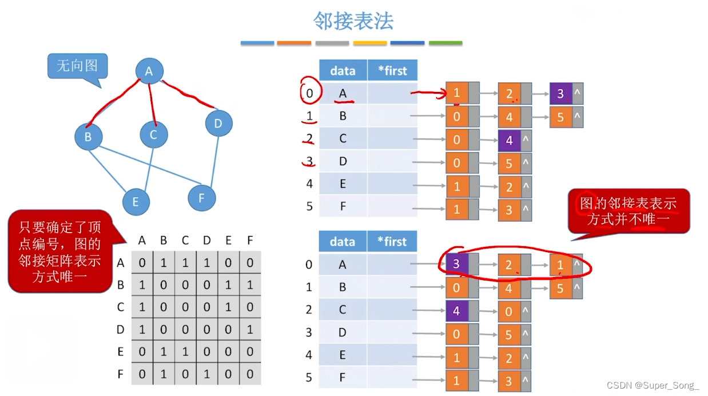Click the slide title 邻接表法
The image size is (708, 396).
(353, 22)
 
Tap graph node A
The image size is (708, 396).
(149, 71)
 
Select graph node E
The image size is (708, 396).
(136, 201)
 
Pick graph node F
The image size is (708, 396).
(201, 198)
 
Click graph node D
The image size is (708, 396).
(218, 123)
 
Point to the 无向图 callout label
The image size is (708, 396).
(77, 66)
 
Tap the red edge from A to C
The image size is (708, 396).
(152, 103)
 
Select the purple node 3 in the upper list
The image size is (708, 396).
(560, 94)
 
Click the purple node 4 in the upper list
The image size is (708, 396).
(509, 140)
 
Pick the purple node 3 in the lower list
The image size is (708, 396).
(456, 265)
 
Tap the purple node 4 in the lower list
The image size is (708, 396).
(456, 311)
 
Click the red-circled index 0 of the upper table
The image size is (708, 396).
(309, 93)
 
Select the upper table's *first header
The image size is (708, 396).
(392, 71)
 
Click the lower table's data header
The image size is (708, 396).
(343, 242)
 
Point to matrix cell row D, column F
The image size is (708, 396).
(250, 330)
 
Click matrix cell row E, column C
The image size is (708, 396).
(185, 352)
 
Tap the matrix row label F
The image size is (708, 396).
(121, 374)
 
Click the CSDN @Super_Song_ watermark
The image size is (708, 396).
(652, 385)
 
